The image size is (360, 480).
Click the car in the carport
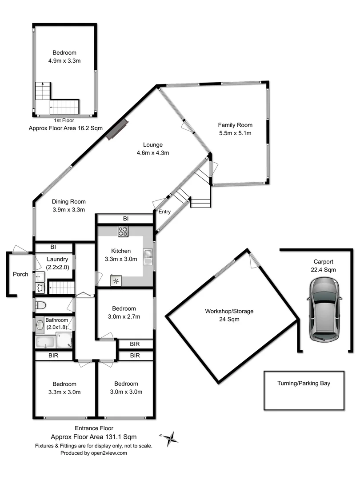click(324, 310)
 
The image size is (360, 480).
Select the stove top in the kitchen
click(123, 231)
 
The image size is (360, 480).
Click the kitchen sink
click(148, 257)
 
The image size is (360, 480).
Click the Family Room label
click(235, 125)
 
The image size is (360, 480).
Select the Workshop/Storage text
click(229, 311)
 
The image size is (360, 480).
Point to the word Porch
click(20, 274)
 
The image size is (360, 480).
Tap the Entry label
click(164, 212)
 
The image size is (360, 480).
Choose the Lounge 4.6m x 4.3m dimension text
click(153, 153)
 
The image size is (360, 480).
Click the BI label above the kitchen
click(126, 219)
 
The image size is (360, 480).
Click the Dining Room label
click(68, 201)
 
